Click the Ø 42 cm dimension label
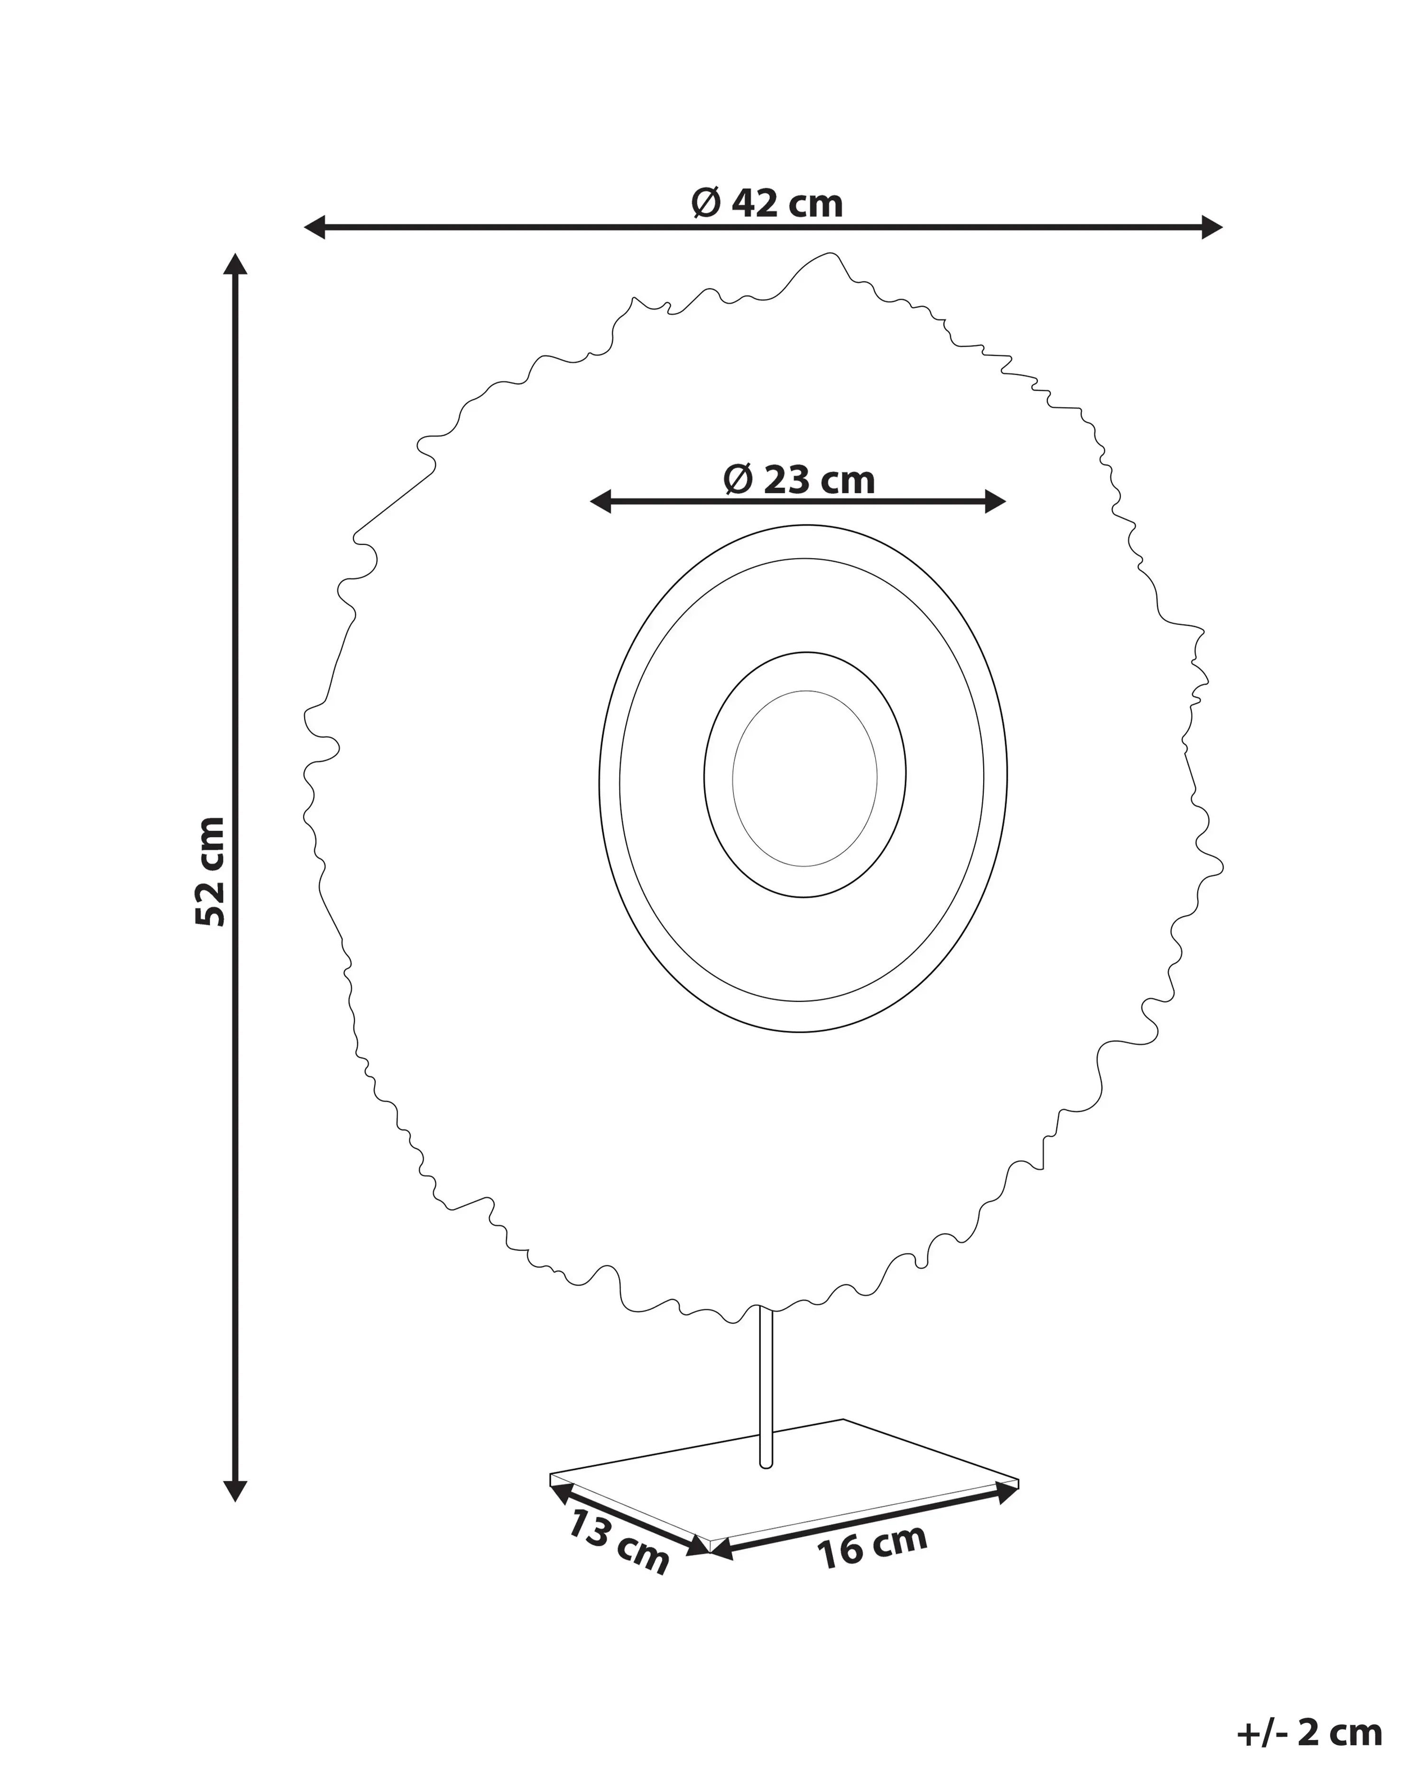(767, 203)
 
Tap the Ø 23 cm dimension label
(799, 480)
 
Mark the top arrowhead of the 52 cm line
(236, 265)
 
